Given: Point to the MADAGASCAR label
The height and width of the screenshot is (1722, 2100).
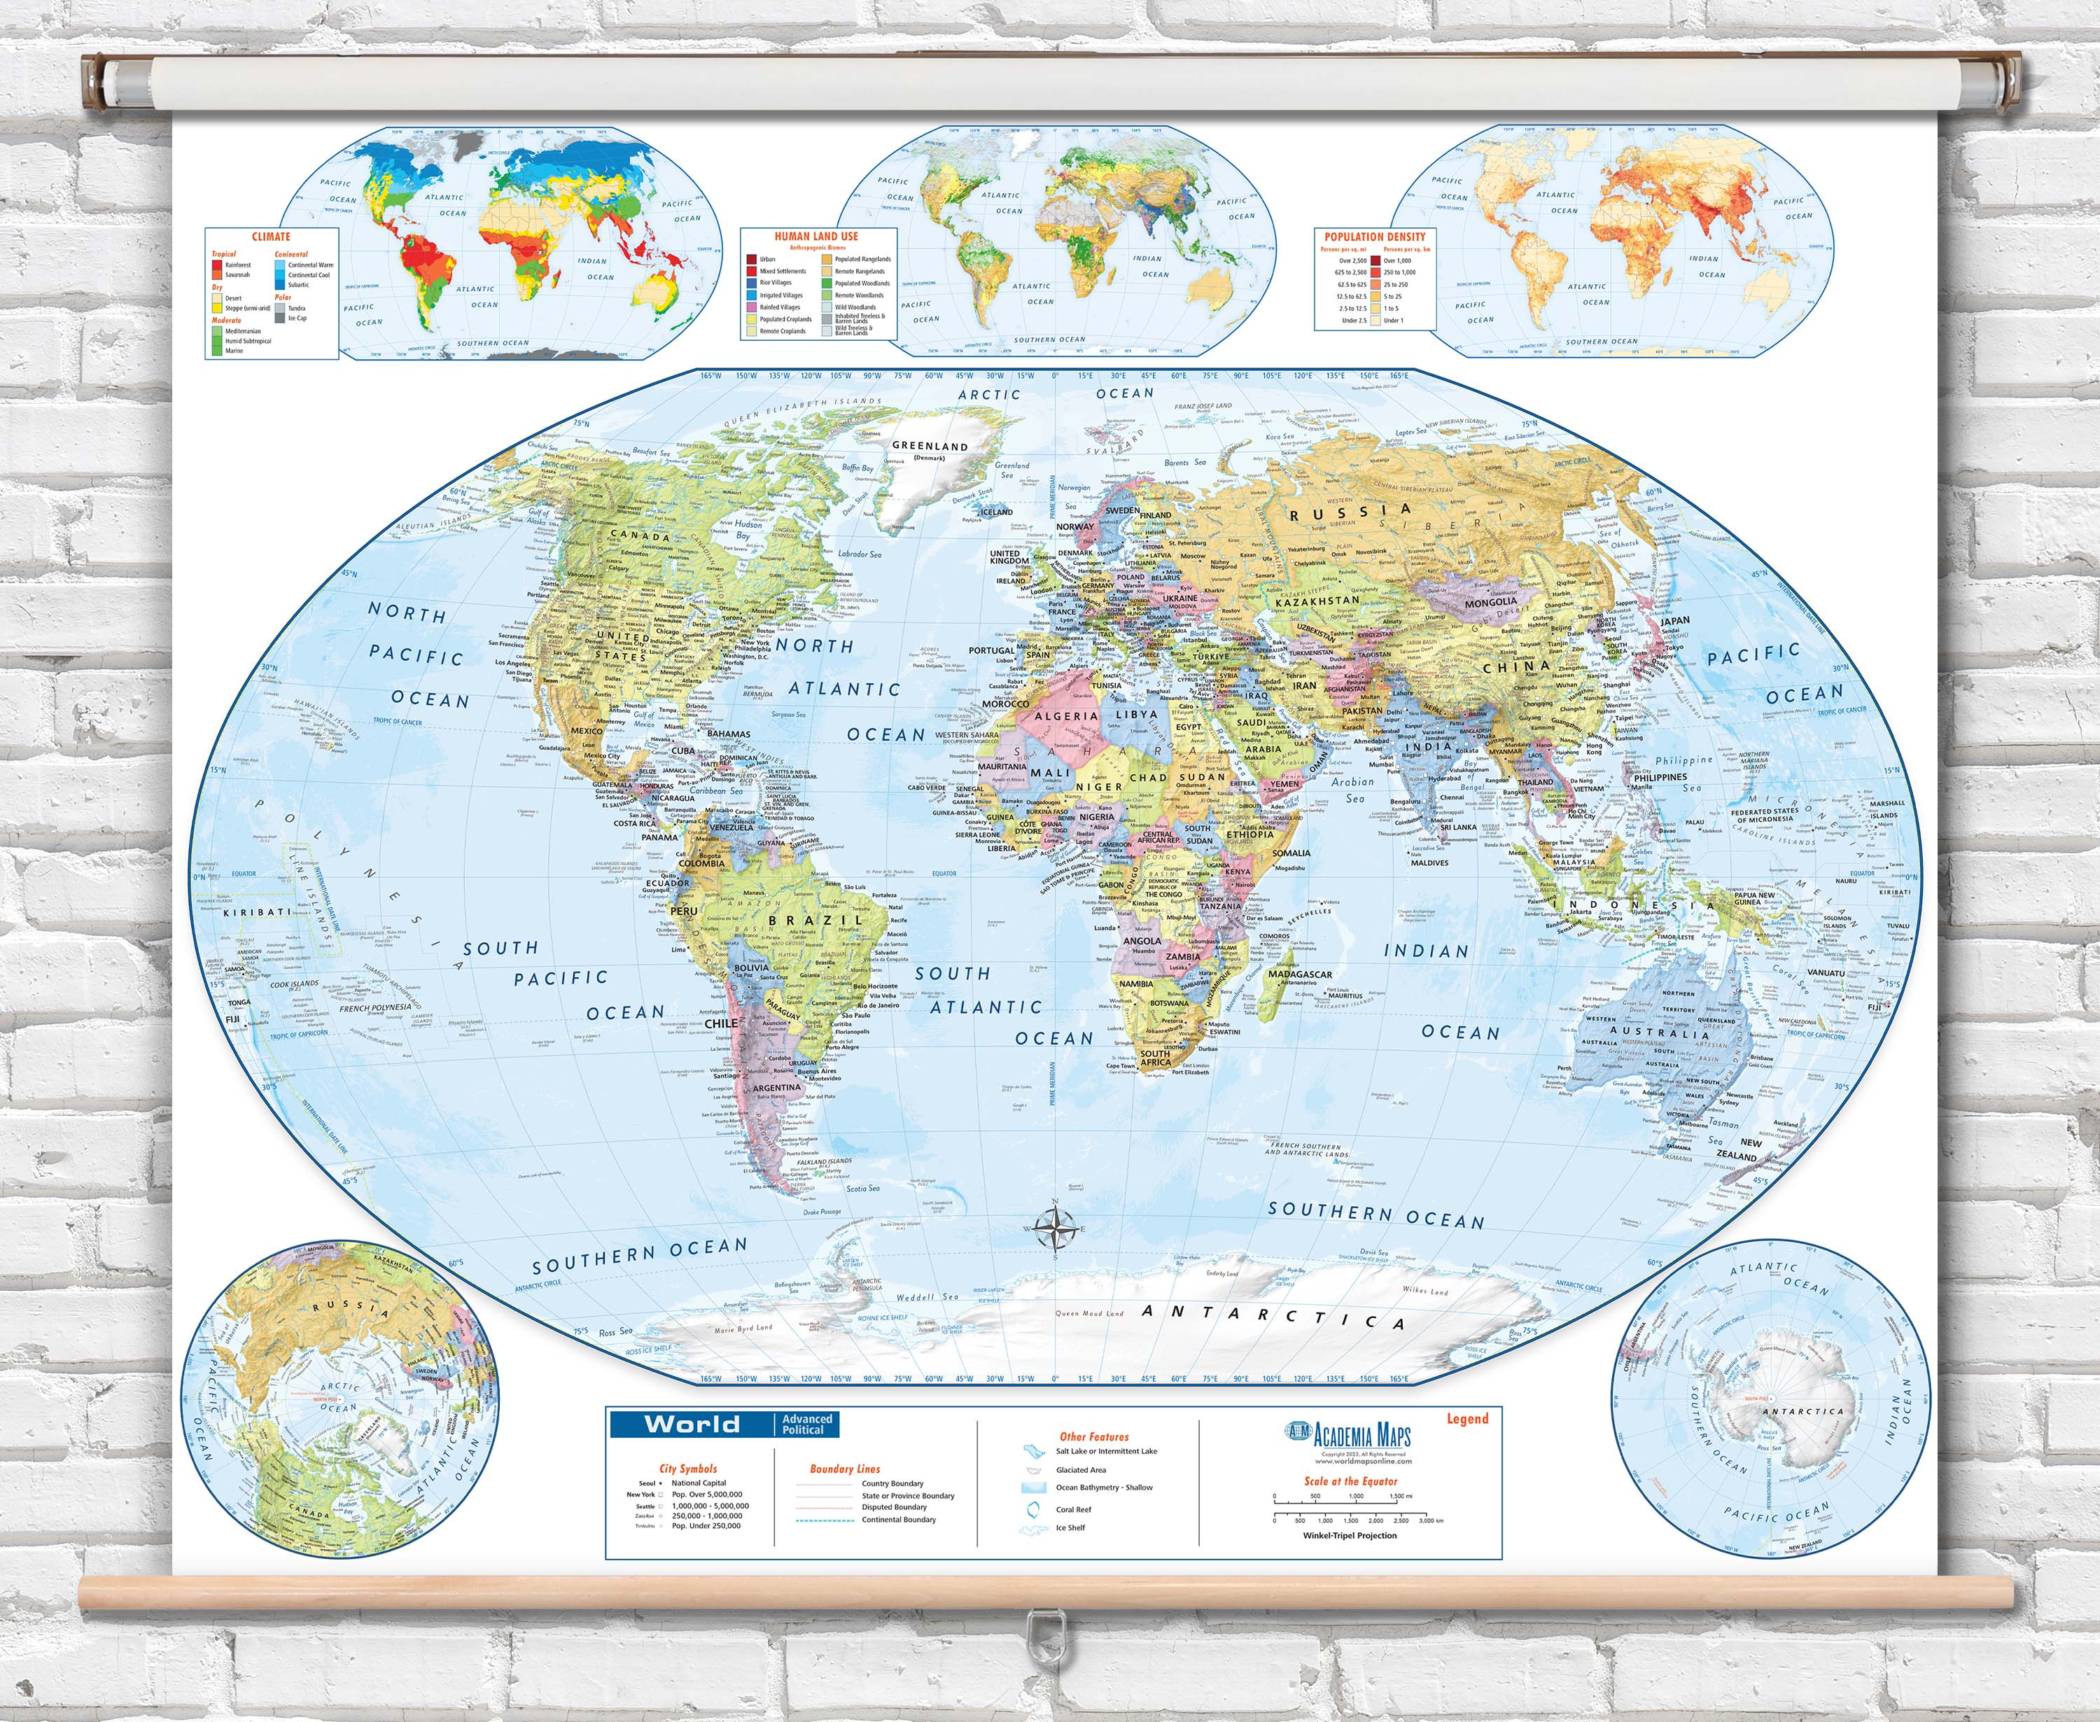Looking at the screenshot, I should (x=1301, y=974).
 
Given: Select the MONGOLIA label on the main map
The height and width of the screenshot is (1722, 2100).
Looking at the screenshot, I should (x=1491, y=602).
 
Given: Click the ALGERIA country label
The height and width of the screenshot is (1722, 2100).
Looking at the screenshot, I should (x=1066, y=715).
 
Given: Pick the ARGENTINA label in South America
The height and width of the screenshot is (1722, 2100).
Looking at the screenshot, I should (x=777, y=1087).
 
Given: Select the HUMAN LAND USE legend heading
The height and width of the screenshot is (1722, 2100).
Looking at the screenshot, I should (x=816, y=236).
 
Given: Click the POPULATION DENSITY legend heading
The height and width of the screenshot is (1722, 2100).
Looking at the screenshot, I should (x=1375, y=236).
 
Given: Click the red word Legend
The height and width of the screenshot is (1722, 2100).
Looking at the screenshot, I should (x=1467, y=1418).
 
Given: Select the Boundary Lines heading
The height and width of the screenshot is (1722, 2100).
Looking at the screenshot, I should (x=844, y=1469).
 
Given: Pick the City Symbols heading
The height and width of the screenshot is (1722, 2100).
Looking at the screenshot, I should (x=687, y=1468).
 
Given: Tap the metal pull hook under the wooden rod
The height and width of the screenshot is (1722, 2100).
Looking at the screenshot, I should (x=1041, y=1627).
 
